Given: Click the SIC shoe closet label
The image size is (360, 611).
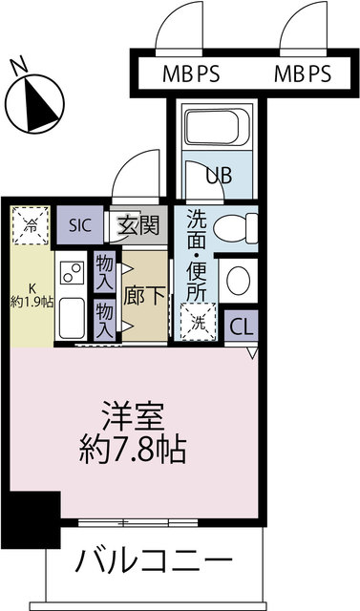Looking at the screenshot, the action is click(x=80, y=225).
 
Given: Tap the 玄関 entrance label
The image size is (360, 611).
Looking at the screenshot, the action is click(x=138, y=225).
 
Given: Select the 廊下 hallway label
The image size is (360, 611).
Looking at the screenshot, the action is click(x=144, y=297).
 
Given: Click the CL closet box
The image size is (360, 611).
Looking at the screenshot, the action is click(x=242, y=327).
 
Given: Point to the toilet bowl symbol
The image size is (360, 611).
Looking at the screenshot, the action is click(x=235, y=229).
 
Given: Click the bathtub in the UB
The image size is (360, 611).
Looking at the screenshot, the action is click(x=217, y=127).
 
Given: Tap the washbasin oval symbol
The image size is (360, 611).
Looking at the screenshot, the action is click(x=238, y=281).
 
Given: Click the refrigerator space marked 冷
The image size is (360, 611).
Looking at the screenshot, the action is click(x=31, y=226).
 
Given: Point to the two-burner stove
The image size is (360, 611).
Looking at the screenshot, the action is click(x=72, y=272).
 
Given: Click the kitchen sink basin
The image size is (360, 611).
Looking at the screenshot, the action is click(x=73, y=318).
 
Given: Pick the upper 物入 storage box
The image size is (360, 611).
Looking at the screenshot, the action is click(x=104, y=271).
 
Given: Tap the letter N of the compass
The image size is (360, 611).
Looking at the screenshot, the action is click(x=19, y=66).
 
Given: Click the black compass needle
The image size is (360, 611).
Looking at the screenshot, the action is click(x=39, y=104).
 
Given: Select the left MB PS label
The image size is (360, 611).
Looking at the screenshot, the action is click(x=191, y=74).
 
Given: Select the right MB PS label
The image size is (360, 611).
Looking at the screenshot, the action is click(x=303, y=74).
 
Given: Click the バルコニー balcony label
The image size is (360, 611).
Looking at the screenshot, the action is click(x=154, y=561).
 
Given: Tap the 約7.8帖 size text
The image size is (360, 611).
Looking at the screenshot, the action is click(x=132, y=451).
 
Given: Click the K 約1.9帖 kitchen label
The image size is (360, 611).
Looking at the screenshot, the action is click(x=32, y=297).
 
